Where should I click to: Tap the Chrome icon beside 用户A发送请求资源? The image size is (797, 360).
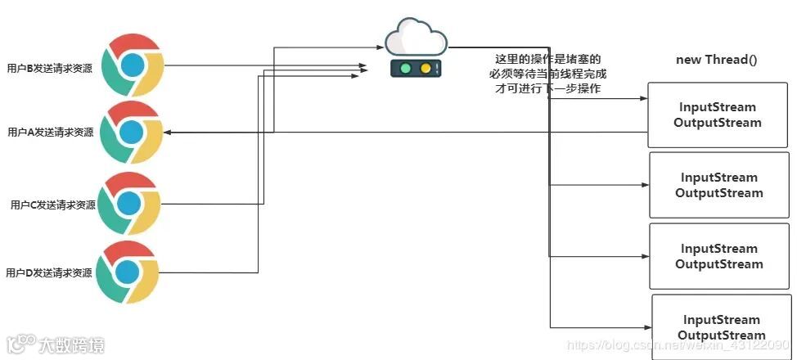pyautogui.click(x=132, y=132)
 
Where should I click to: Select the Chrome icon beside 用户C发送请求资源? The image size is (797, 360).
pyautogui.click(x=128, y=204)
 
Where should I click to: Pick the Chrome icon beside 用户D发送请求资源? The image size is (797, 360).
pyautogui.click(x=127, y=272)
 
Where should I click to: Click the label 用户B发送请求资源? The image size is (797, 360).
pyautogui.click(x=48, y=69)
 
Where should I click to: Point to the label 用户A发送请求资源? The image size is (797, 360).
pyautogui.click(x=50, y=133)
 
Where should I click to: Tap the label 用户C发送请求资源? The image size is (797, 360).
pyautogui.click(x=53, y=205)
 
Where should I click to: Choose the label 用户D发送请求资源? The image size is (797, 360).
pyautogui.click(x=48, y=272)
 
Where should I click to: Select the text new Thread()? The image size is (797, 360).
pyautogui.click(x=716, y=60)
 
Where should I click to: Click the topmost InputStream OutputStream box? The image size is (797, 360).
pyautogui.click(x=718, y=115)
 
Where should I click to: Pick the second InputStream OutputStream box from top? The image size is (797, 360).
pyautogui.click(x=718, y=185)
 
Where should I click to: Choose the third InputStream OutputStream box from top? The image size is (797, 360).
pyautogui.click(x=718, y=256)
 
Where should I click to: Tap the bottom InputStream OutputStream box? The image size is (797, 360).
pyautogui.click(x=721, y=327)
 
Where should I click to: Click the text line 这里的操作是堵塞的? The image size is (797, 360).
pyautogui.click(x=547, y=60)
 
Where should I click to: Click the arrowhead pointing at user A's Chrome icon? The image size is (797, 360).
pyautogui.click(x=167, y=132)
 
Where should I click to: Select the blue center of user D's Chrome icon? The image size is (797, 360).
pyautogui.click(x=127, y=272)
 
